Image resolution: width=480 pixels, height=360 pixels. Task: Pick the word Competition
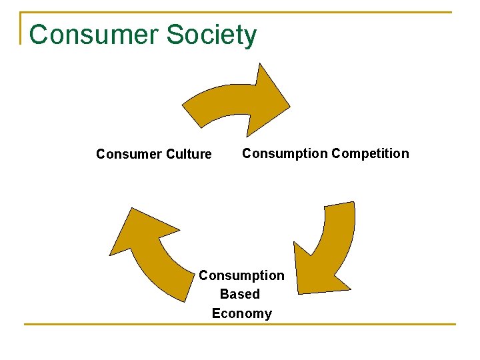pyautogui.click(x=370, y=153)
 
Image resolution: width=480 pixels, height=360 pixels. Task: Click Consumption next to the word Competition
pyautogui.click(x=285, y=153)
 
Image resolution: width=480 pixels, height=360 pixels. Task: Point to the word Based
pyautogui.click(x=240, y=294)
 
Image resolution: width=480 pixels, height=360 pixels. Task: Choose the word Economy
pyautogui.click(x=241, y=313)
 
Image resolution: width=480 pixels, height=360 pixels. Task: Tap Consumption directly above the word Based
pyautogui.click(x=241, y=275)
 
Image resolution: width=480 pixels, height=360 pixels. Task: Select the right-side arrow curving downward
pyautogui.click(x=330, y=247)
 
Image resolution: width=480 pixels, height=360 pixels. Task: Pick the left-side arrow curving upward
pyautogui.click(x=150, y=257)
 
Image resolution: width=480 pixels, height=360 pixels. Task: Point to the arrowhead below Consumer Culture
pyautogui.click(x=137, y=230)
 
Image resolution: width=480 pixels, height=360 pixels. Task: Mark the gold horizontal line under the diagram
pyautogui.click(x=240, y=325)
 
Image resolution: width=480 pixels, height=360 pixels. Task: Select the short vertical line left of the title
pyautogui.click(x=21, y=28)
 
